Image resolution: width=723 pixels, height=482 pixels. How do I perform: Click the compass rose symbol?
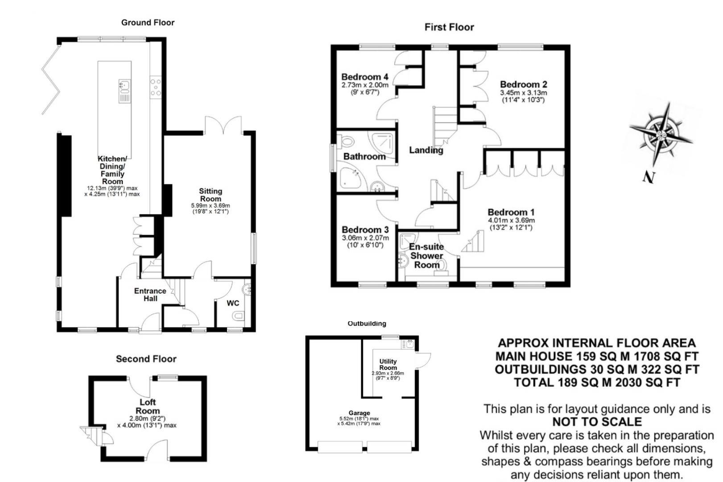click(x=661, y=133)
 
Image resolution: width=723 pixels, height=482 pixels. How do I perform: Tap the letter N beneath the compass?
click(x=649, y=177)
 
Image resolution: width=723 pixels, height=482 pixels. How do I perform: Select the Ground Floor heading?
click(x=148, y=22)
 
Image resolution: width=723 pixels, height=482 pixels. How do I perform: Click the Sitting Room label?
click(x=211, y=195)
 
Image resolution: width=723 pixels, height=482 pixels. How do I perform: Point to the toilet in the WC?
click(x=239, y=316)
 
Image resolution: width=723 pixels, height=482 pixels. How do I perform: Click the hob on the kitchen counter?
click(x=156, y=87)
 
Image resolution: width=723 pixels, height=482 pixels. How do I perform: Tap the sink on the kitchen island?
click(x=124, y=84)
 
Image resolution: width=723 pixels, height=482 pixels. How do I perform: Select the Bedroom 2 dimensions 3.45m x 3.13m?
click(x=523, y=93)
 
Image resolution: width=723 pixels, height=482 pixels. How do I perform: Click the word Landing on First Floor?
click(x=426, y=150)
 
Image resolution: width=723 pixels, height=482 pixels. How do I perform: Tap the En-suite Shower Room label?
click(x=427, y=256)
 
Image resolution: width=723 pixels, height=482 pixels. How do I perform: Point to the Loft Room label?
click(x=148, y=407)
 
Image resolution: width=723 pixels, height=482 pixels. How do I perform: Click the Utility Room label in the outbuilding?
click(x=388, y=364)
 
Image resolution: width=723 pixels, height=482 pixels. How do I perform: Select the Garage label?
click(x=359, y=413)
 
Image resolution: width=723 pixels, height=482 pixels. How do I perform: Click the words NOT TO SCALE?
click(x=597, y=422)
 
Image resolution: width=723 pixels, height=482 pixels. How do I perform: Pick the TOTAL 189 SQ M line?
click(x=597, y=382)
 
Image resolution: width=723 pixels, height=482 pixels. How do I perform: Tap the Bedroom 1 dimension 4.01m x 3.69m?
click(x=511, y=220)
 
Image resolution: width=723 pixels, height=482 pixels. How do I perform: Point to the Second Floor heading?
click(x=146, y=359)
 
